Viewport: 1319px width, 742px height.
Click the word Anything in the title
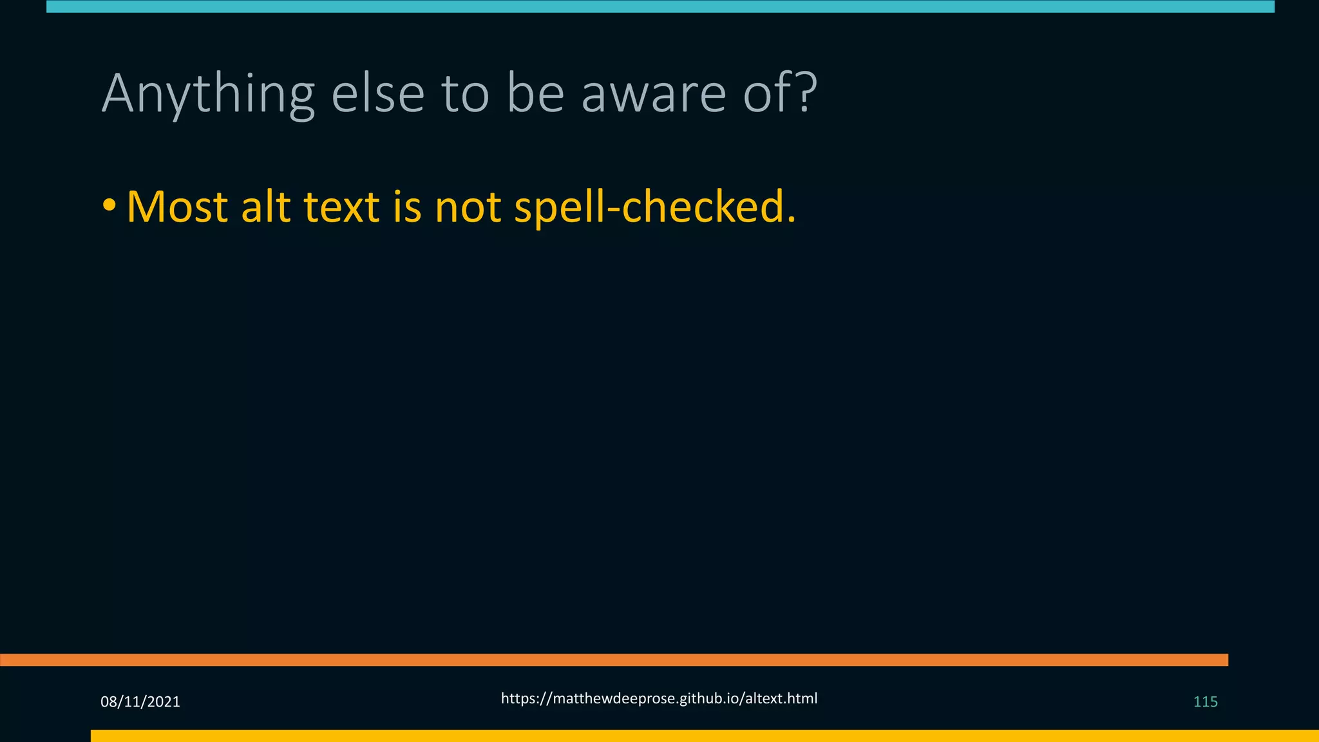coord(207,95)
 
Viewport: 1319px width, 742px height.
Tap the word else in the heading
coord(377,95)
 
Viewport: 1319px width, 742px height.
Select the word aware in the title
coord(654,95)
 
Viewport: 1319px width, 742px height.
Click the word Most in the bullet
coord(177,207)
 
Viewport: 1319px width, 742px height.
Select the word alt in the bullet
coord(265,207)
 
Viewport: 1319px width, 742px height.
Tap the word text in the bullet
coord(341,207)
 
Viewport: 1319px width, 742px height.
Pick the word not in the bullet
coord(468,207)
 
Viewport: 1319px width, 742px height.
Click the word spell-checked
coord(655,207)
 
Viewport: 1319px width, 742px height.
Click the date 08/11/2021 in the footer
coord(140,702)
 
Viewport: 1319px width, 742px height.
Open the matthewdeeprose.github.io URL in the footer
coord(659,699)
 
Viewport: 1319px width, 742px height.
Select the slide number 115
coord(1205,702)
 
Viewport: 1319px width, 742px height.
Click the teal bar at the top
coord(660,6)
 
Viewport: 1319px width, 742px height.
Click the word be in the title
coord(535,95)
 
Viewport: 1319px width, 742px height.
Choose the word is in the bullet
coord(407,207)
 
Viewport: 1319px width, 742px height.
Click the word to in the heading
coord(465,95)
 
